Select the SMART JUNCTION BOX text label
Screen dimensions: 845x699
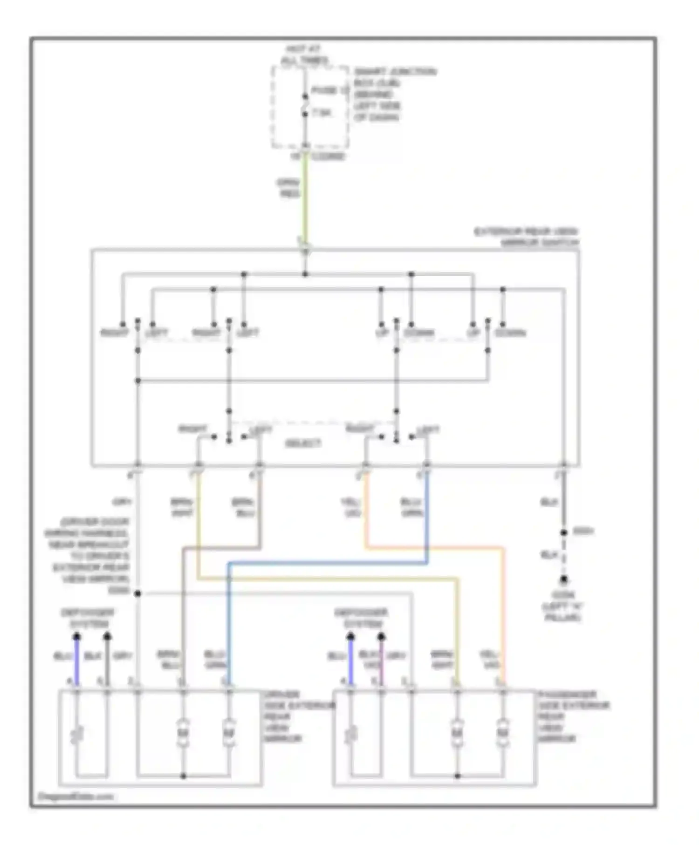(394, 77)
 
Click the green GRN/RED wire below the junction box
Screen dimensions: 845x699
(305, 200)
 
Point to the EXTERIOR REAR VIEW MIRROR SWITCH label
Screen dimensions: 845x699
(526, 237)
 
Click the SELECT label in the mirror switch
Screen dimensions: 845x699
(303, 443)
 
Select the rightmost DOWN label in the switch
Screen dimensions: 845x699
(510, 333)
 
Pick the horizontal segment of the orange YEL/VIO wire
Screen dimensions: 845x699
(433, 548)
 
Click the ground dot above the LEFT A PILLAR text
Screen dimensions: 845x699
(564, 580)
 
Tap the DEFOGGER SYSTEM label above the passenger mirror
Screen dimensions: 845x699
(361, 618)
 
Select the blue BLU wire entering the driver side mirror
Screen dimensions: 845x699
(77, 661)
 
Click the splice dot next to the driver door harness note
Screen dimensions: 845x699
(137, 593)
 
